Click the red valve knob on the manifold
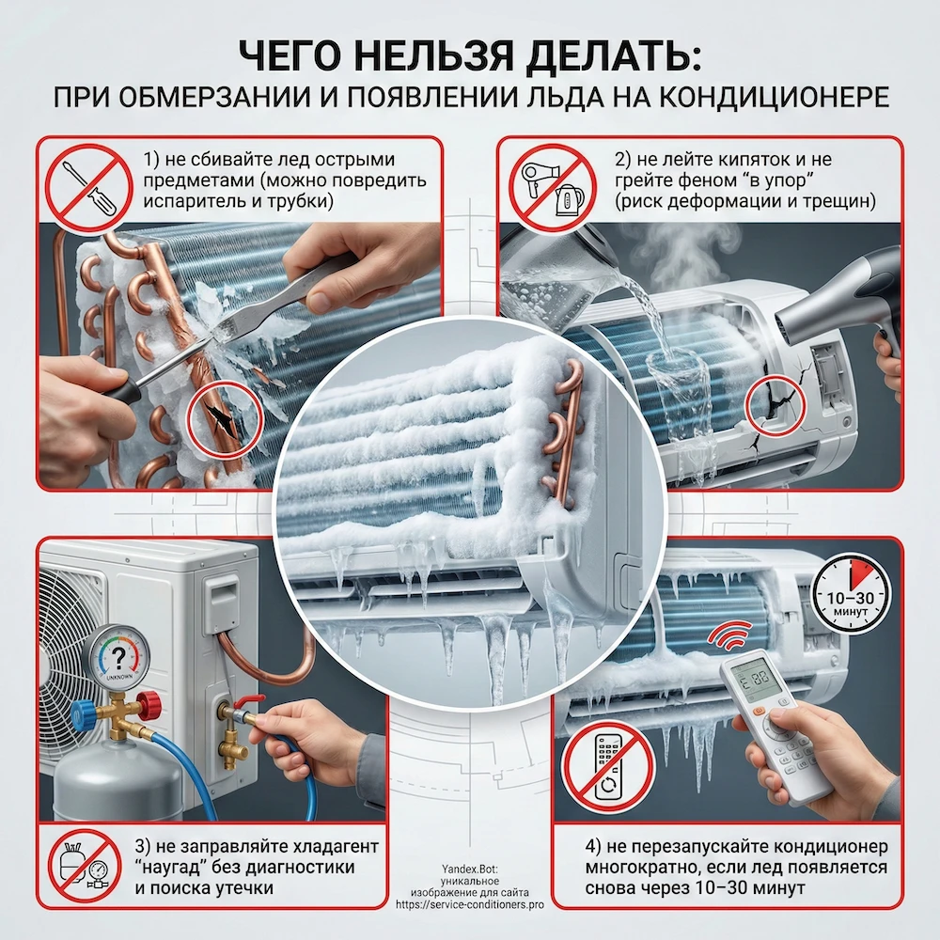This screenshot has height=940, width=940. pyautogui.click(x=147, y=702)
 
